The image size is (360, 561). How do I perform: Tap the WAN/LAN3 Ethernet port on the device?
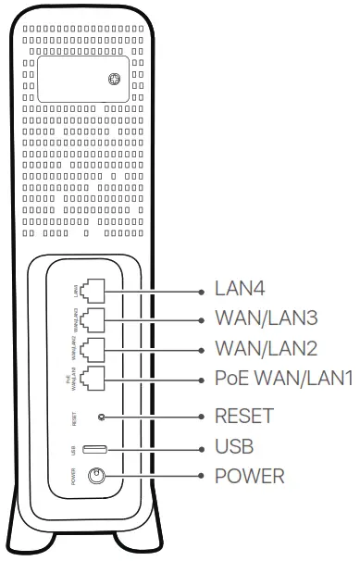point(92,320)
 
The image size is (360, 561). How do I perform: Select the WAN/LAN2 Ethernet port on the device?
point(92,350)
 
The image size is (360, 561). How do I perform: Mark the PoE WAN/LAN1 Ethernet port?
point(92,380)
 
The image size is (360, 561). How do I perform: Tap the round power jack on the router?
point(94,477)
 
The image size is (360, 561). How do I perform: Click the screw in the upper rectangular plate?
point(111,81)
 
